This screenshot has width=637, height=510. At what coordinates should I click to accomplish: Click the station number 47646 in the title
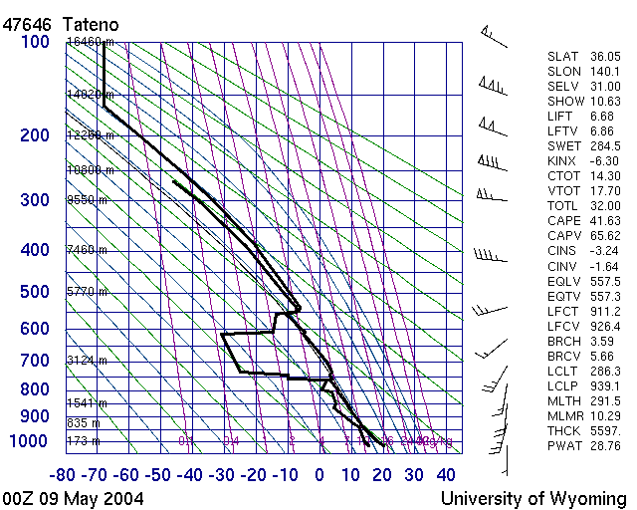click(27, 23)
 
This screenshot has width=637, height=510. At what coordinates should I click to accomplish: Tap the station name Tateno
click(93, 23)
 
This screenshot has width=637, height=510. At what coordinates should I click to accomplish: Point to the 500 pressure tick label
click(35, 292)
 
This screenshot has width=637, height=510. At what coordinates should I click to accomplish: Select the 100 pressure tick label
click(35, 42)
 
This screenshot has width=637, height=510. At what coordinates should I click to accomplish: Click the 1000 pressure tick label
click(29, 441)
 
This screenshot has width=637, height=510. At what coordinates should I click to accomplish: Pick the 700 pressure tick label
click(35, 360)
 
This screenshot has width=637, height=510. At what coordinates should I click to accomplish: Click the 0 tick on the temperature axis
click(319, 474)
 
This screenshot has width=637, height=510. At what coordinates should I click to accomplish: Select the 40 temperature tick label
click(446, 474)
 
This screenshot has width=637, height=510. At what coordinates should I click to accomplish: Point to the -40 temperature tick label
click(192, 474)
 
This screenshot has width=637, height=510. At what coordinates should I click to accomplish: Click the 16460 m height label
click(91, 42)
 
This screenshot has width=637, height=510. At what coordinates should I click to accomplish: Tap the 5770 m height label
click(88, 292)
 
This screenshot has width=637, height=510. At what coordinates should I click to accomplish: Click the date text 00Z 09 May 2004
click(73, 498)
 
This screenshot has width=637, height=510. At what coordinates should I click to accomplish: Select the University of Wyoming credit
click(533, 498)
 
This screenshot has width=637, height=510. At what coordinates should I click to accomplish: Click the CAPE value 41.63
click(604, 220)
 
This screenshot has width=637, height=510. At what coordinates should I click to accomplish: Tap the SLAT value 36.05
click(604, 57)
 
